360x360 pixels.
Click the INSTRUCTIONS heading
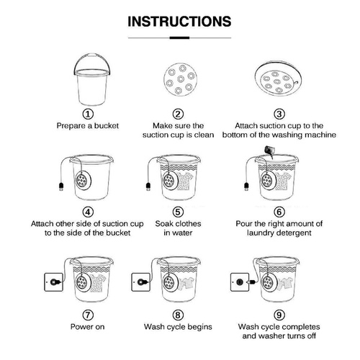179,21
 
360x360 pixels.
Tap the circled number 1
87,114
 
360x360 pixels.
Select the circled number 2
179,114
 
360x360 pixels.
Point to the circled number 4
87,212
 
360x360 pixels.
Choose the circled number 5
179,212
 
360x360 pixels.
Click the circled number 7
87,315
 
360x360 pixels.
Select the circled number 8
179,315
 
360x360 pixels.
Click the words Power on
87,327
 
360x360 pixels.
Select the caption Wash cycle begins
179,327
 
